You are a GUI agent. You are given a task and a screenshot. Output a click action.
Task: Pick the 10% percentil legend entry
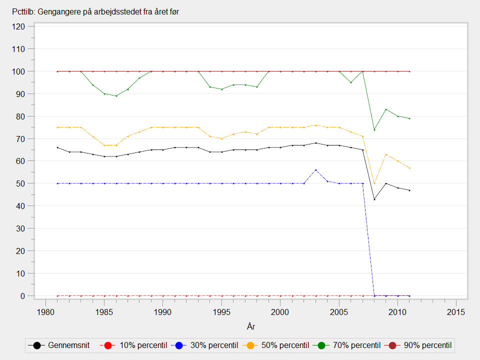(134, 345)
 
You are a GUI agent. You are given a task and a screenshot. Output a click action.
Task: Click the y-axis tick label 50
(21, 183)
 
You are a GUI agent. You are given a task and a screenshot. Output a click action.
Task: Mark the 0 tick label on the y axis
(23, 295)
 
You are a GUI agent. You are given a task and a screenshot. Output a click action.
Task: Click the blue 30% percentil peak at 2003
(315, 170)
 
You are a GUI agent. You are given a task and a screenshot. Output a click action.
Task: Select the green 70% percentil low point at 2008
(374, 130)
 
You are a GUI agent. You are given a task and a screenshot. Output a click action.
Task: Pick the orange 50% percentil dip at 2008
(374, 183)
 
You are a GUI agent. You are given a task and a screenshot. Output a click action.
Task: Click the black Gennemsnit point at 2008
(374, 199)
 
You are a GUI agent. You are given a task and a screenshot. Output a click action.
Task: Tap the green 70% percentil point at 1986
(116, 96)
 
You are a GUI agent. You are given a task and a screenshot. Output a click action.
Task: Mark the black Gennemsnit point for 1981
(57, 147)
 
